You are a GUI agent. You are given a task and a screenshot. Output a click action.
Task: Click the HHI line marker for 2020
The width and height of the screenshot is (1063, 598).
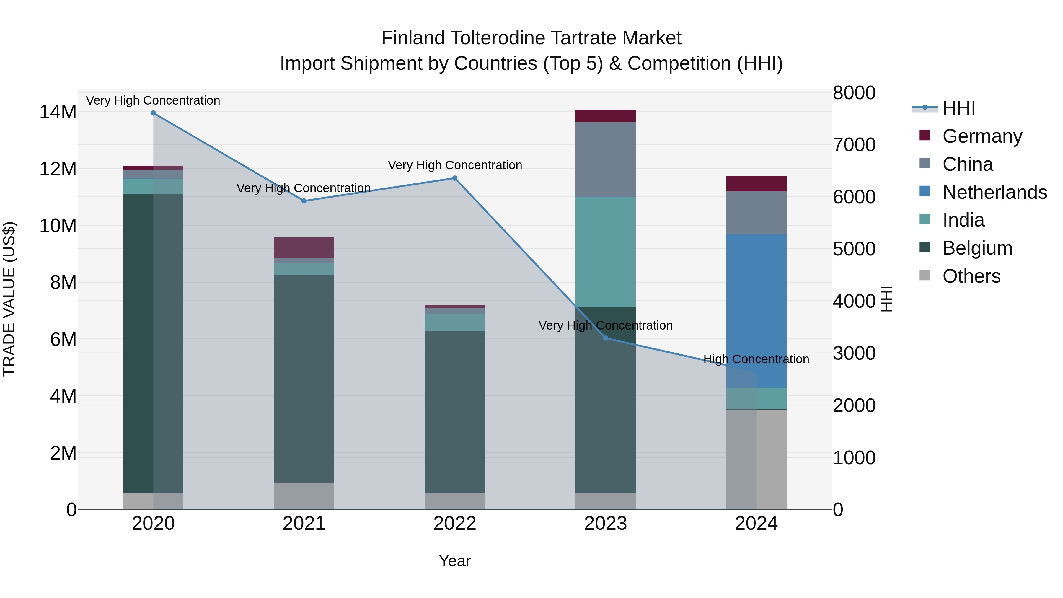153,113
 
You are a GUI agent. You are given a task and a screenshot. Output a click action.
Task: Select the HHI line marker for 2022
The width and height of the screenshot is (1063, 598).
455,178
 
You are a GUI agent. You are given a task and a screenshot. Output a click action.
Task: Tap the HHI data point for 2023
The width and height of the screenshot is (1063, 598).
605,338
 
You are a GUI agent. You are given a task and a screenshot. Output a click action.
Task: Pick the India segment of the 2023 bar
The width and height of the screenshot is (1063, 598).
605,252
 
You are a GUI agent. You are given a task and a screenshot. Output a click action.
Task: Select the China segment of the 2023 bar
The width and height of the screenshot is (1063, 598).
605,159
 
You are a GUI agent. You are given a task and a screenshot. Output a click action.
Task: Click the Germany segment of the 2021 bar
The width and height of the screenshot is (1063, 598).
304,248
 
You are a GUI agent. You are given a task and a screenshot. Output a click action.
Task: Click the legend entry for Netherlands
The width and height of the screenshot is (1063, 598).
994,192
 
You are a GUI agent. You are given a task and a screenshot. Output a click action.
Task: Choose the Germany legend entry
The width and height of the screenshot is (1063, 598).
982,136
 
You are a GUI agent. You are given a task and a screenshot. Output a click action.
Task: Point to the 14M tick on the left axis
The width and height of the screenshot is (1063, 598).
58,112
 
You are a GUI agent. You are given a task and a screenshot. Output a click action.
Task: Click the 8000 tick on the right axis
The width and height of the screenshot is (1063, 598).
854,93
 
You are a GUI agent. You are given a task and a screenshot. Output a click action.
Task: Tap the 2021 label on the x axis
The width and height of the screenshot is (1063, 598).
304,524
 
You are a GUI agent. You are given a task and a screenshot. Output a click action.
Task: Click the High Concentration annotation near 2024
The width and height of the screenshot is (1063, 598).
756,359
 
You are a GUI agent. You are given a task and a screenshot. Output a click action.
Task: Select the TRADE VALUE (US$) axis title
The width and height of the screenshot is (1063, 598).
9,299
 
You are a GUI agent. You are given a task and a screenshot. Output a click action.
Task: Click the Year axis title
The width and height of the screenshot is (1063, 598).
455,561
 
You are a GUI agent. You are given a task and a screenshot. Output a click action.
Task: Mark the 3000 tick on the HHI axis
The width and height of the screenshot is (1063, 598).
854,353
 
